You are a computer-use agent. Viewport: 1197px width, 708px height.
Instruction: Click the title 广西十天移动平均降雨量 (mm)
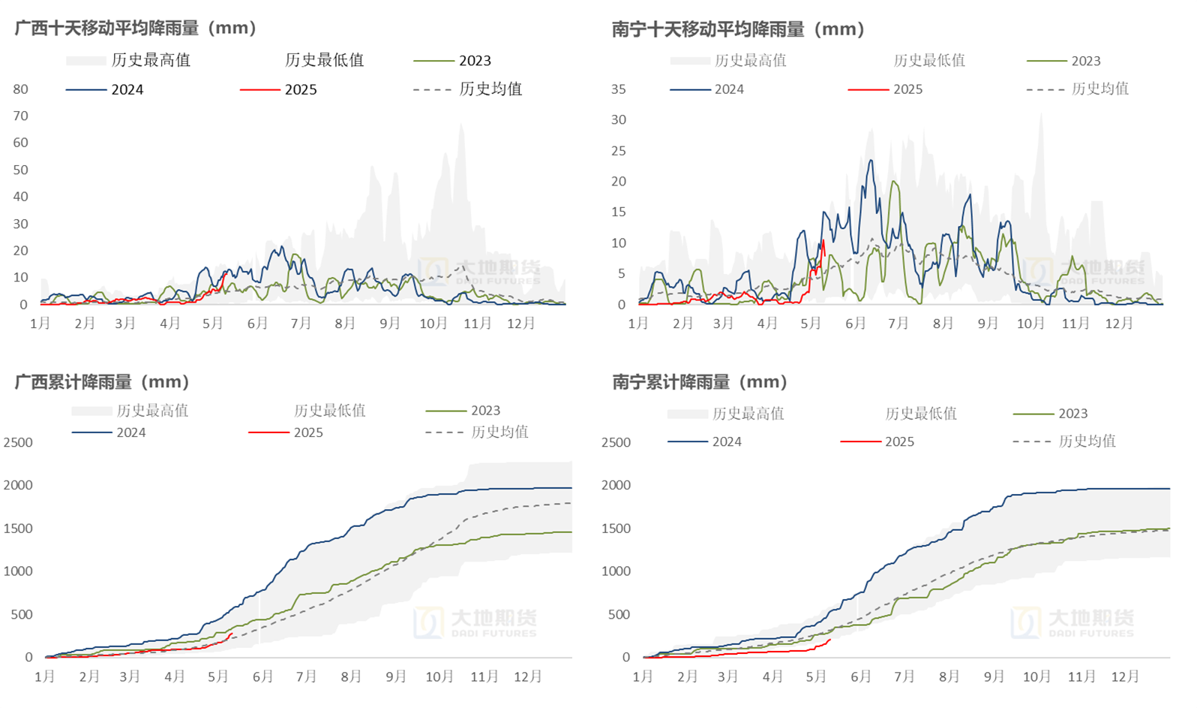point(136,28)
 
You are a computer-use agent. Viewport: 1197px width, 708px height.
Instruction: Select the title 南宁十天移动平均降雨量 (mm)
point(738,29)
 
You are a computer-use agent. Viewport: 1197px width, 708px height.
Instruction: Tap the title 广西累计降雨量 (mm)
point(102,381)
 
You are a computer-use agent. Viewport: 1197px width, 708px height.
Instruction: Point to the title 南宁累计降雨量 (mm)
point(700,381)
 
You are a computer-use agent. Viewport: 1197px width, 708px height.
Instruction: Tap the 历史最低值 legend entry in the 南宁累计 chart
point(920,413)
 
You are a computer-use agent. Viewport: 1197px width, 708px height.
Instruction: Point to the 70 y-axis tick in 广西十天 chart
point(20,116)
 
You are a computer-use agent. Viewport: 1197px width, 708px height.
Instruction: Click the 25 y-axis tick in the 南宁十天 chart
point(618,150)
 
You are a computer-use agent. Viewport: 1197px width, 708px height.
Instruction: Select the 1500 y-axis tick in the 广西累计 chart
point(18,528)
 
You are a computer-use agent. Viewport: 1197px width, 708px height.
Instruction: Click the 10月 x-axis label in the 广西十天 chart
point(433,323)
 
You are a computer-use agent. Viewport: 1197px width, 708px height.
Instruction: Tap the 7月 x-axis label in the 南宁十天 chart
point(898,323)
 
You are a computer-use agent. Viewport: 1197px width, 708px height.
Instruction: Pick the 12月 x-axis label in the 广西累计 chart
point(527,676)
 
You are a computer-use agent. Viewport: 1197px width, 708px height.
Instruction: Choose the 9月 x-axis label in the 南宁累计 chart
point(993,676)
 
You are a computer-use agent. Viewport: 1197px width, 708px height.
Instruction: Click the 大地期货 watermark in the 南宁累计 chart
point(1072,622)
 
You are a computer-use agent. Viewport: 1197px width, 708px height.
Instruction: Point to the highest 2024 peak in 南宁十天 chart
point(871,160)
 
